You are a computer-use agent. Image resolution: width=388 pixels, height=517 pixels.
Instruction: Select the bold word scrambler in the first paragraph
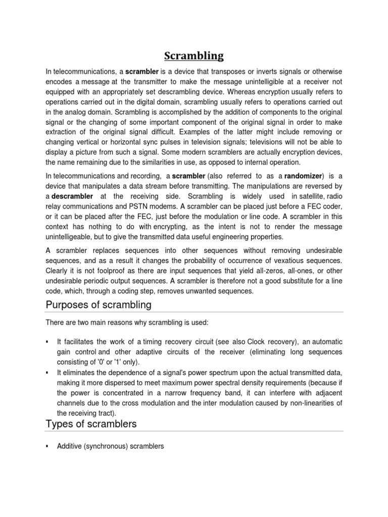point(142,72)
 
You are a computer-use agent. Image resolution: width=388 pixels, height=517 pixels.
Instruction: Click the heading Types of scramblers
point(91,424)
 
